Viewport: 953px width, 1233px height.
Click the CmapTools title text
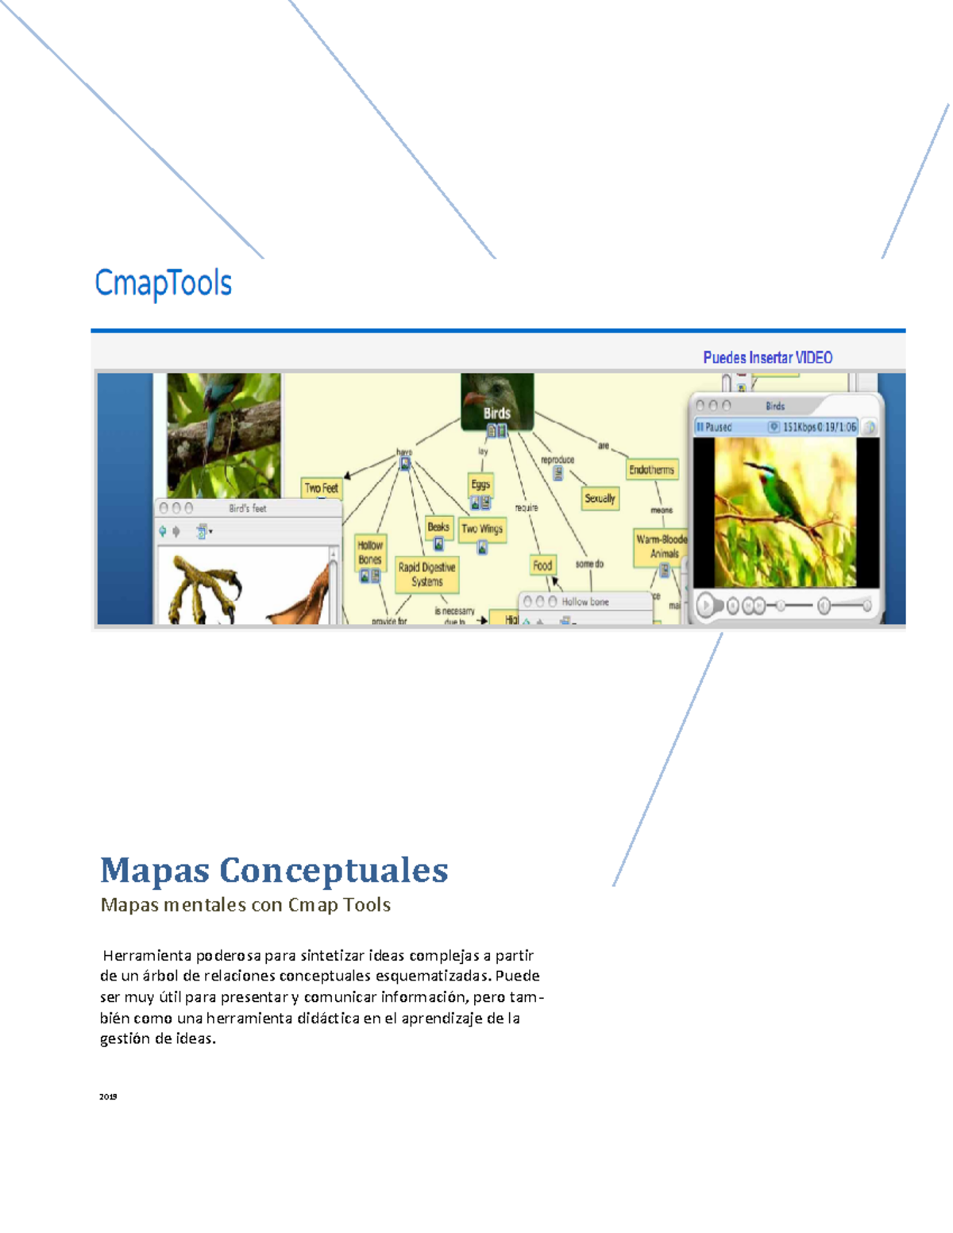pyautogui.click(x=163, y=283)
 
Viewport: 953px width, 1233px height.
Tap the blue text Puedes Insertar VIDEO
pyautogui.click(x=767, y=357)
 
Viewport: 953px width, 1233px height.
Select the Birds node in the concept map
pyautogui.click(x=497, y=412)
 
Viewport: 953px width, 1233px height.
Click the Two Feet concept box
pyautogui.click(x=321, y=488)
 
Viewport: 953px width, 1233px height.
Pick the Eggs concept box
pyautogui.click(x=480, y=484)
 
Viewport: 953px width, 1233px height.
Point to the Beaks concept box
pyautogui.click(x=438, y=526)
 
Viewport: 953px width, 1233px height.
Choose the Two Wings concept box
pyautogui.click(x=482, y=529)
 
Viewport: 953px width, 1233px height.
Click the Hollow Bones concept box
pyautogui.click(x=370, y=552)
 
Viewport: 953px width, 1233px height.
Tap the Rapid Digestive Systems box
pyautogui.click(x=426, y=574)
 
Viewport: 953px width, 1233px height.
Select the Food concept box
pyautogui.click(x=542, y=565)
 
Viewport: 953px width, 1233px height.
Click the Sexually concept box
pyautogui.click(x=600, y=499)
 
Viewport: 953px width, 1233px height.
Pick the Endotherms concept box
pyautogui.click(x=651, y=469)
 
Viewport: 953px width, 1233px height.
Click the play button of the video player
pyautogui.click(x=705, y=606)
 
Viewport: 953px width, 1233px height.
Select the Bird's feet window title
pyautogui.click(x=248, y=508)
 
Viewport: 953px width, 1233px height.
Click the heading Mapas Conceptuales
pyautogui.click(x=274, y=870)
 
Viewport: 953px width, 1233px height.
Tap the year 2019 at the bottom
pyautogui.click(x=108, y=1096)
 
